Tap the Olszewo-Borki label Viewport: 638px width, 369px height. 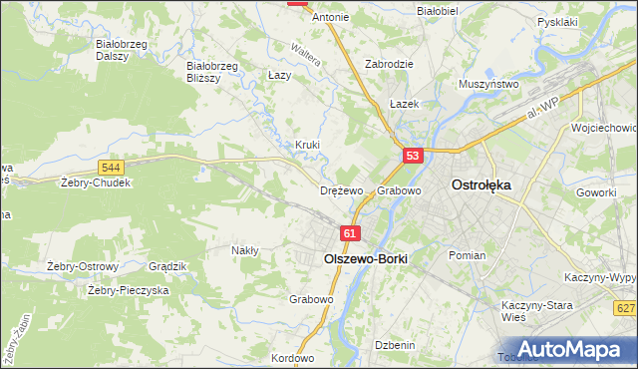[366, 256]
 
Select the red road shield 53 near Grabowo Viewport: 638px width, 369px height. [414, 156]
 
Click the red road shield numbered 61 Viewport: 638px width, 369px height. [348, 233]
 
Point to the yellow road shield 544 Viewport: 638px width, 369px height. [112, 168]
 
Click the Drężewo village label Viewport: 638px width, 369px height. [341, 189]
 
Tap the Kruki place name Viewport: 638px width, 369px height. [307, 145]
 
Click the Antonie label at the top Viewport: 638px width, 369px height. [331, 18]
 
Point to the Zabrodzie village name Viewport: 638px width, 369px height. [389, 63]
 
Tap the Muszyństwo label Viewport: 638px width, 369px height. [488, 85]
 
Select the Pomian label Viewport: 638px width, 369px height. [467, 255]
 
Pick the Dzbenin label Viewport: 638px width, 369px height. [395, 344]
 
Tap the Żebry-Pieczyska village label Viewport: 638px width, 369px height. [128, 290]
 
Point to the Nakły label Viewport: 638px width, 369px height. [245, 250]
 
